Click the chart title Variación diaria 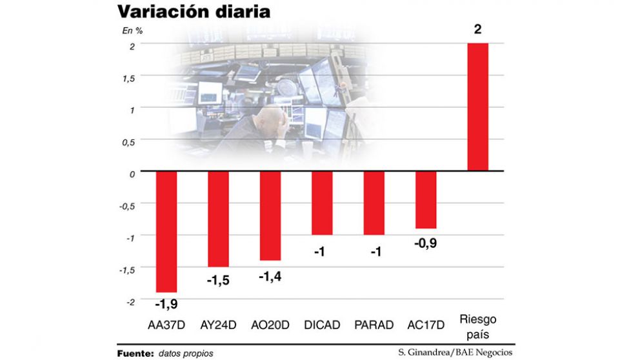click(x=194, y=12)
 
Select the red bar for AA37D click(x=166, y=232)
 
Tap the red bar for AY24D click(x=218, y=219)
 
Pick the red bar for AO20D click(x=270, y=215)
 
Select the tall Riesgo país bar click(x=477, y=107)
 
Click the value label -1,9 click(x=166, y=303)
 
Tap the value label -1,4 click(x=270, y=275)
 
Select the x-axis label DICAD click(x=322, y=325)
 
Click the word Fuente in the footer click(x=135, y=354)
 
